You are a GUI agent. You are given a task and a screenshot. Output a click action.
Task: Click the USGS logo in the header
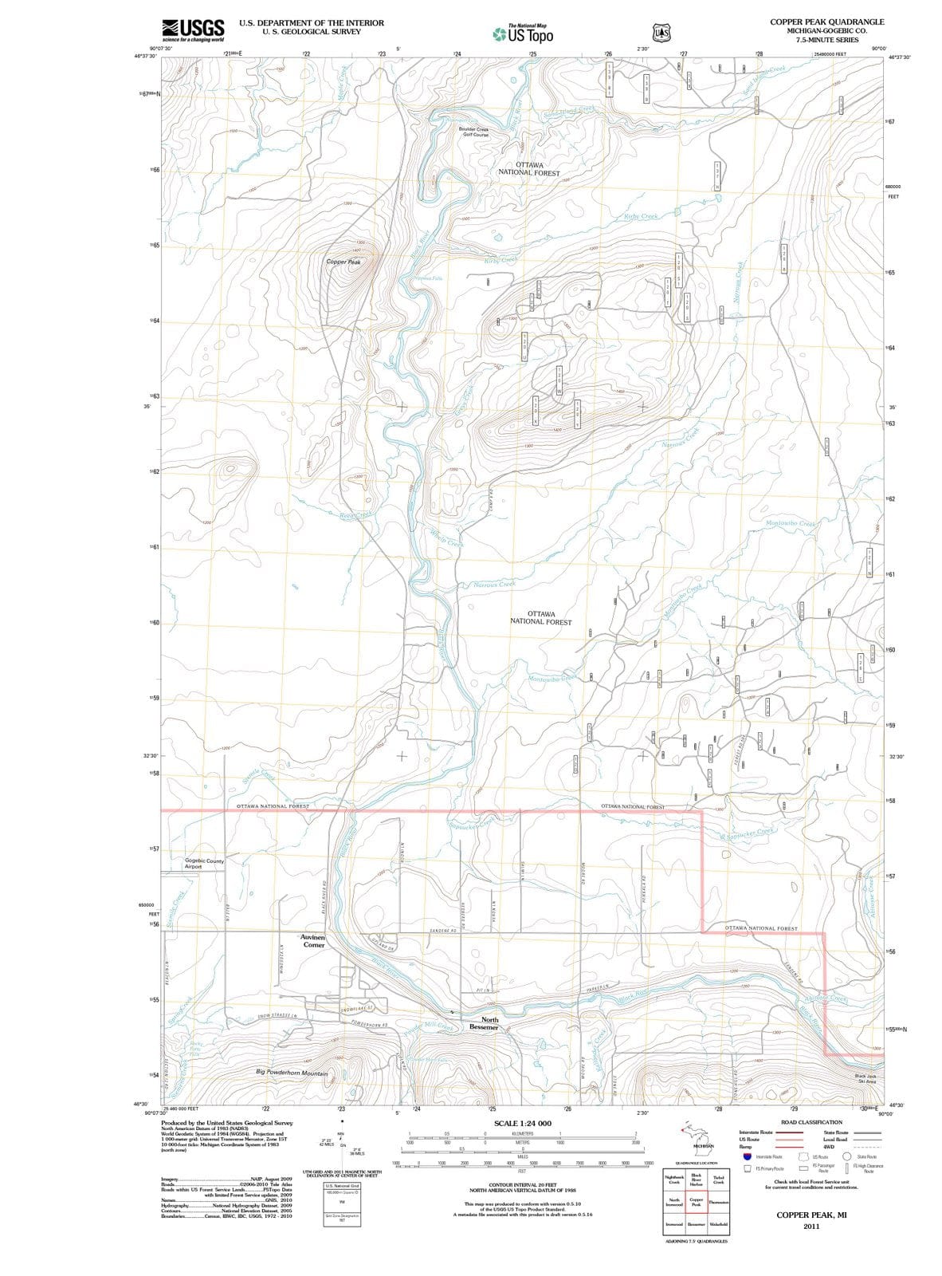(x=192, y=30)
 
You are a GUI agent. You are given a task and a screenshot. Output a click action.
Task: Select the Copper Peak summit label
(x=343, y=262)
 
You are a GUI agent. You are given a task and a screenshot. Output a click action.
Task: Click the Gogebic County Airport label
(x=204, y=864)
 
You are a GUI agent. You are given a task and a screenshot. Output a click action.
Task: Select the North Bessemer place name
(x=484, y=1023)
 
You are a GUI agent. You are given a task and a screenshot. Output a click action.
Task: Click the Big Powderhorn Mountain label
(x=292, y=1073)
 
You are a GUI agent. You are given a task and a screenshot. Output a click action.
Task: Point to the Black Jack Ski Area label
(x=865, y=1079)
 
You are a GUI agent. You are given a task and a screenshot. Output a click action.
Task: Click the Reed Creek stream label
(x=355, y=514)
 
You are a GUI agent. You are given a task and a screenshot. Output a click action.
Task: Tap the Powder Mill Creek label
(x=428, y=1026)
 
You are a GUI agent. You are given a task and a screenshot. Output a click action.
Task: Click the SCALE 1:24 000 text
(x=522, y=1123)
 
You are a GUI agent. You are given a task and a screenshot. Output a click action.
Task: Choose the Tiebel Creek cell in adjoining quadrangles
(x=718, y=1180)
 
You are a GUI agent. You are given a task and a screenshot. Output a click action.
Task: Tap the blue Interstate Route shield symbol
(x=747, y=1156)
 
